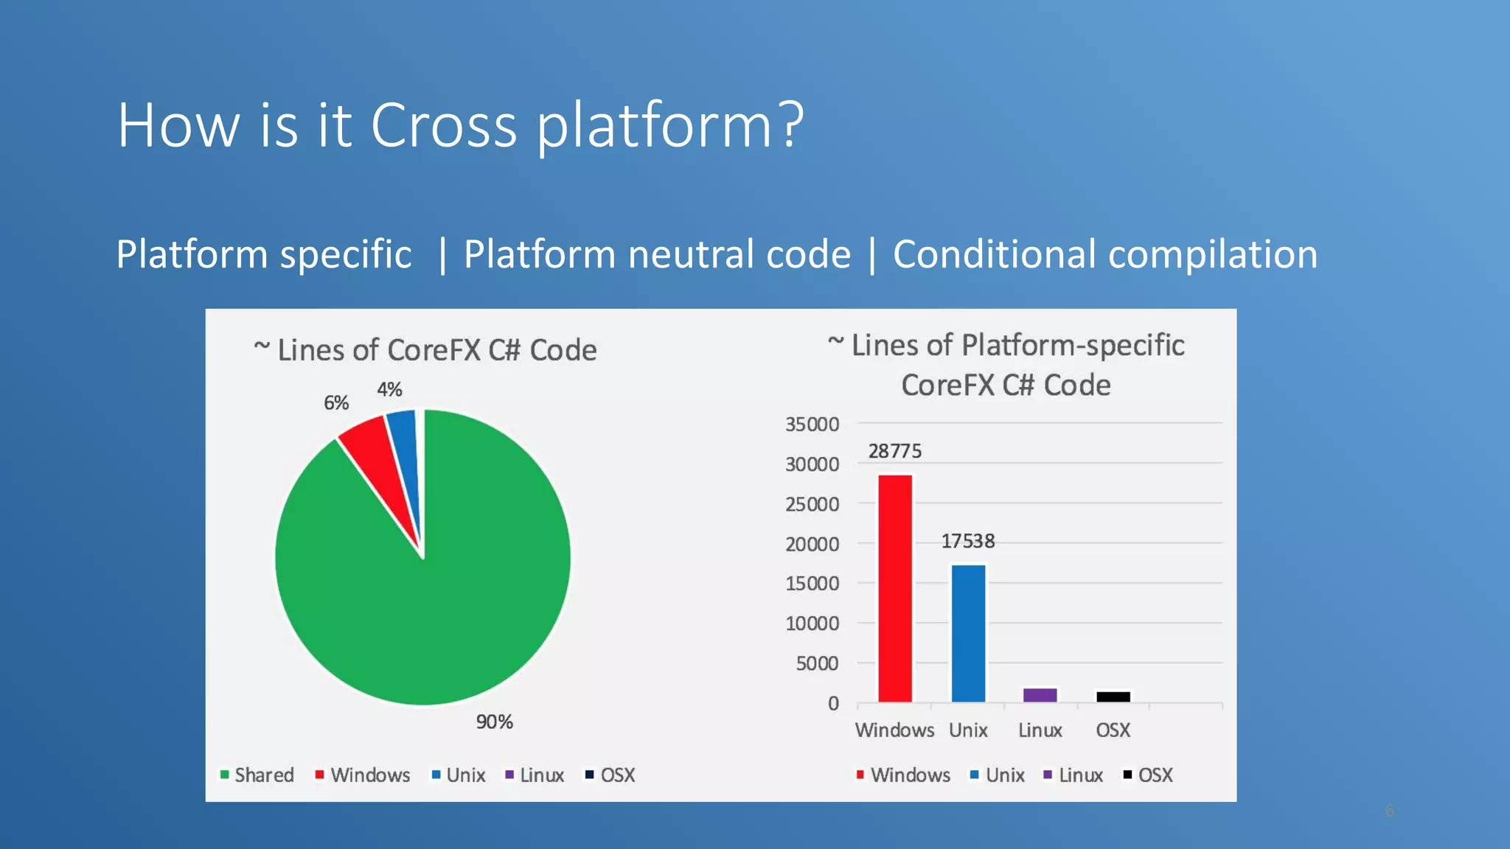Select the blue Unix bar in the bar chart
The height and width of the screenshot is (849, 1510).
[968, 634]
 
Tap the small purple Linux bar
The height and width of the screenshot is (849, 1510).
[1040, 695]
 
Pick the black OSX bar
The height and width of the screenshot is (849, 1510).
[1113, 696]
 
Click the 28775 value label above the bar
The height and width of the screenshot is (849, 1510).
[894, 451]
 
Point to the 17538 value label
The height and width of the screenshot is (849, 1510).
[967, 542]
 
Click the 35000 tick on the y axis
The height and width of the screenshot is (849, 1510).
[812, 424]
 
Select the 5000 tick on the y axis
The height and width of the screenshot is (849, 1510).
[817, 663]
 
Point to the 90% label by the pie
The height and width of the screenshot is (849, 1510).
[494, 722]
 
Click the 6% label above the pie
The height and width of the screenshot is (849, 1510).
[336, 402]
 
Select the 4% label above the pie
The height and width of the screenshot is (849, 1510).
[389, 389]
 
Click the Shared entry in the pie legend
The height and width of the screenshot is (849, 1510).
[257, 775]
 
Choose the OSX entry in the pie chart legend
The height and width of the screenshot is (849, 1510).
[610, 775]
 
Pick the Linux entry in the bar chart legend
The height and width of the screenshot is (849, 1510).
[1074, 775]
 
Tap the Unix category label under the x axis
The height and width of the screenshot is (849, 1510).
[967, 730]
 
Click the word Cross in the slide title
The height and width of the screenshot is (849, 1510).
[443, 125]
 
